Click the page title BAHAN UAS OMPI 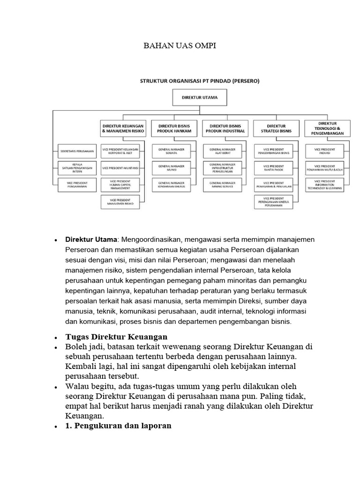point(180,47)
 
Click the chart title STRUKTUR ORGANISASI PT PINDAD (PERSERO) point(200,81)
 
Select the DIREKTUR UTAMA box point(199,98)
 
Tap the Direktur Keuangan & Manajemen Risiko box point(123,129)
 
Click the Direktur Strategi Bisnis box point(276,129)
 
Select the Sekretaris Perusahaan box point(77,151)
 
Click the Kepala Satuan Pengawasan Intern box point(77,167)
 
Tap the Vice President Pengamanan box point(77,184)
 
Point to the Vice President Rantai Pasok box point(276,167)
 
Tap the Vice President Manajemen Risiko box point(123,202)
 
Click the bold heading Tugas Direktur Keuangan point(116,337)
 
